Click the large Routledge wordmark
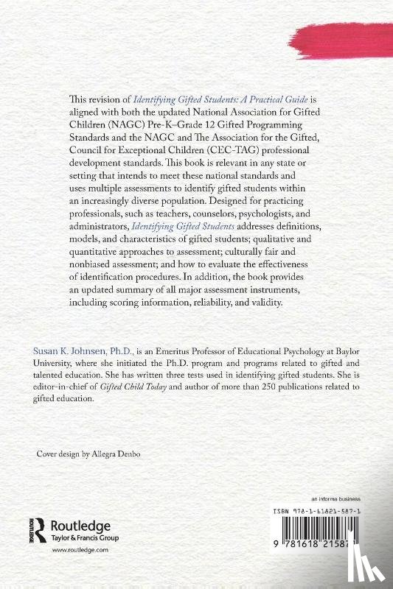tap(79, 525)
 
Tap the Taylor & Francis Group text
tap(80, 538)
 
